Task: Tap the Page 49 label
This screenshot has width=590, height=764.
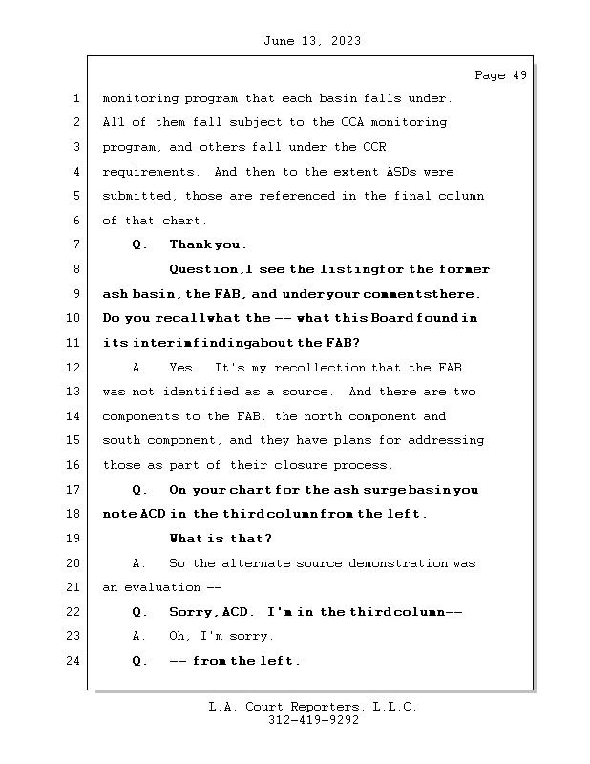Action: coord(500,76)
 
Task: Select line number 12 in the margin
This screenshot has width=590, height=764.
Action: coord(76,368)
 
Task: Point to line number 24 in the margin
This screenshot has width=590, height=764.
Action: coord(76,660)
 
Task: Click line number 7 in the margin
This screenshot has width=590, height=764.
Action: coord(76,245)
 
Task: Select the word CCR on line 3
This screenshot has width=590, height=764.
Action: coord(372,148)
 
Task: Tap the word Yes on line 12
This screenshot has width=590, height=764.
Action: coord(180,368)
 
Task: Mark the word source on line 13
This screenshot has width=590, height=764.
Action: coord(306,392)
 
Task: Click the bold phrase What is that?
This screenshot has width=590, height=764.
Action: coord(221,539)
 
